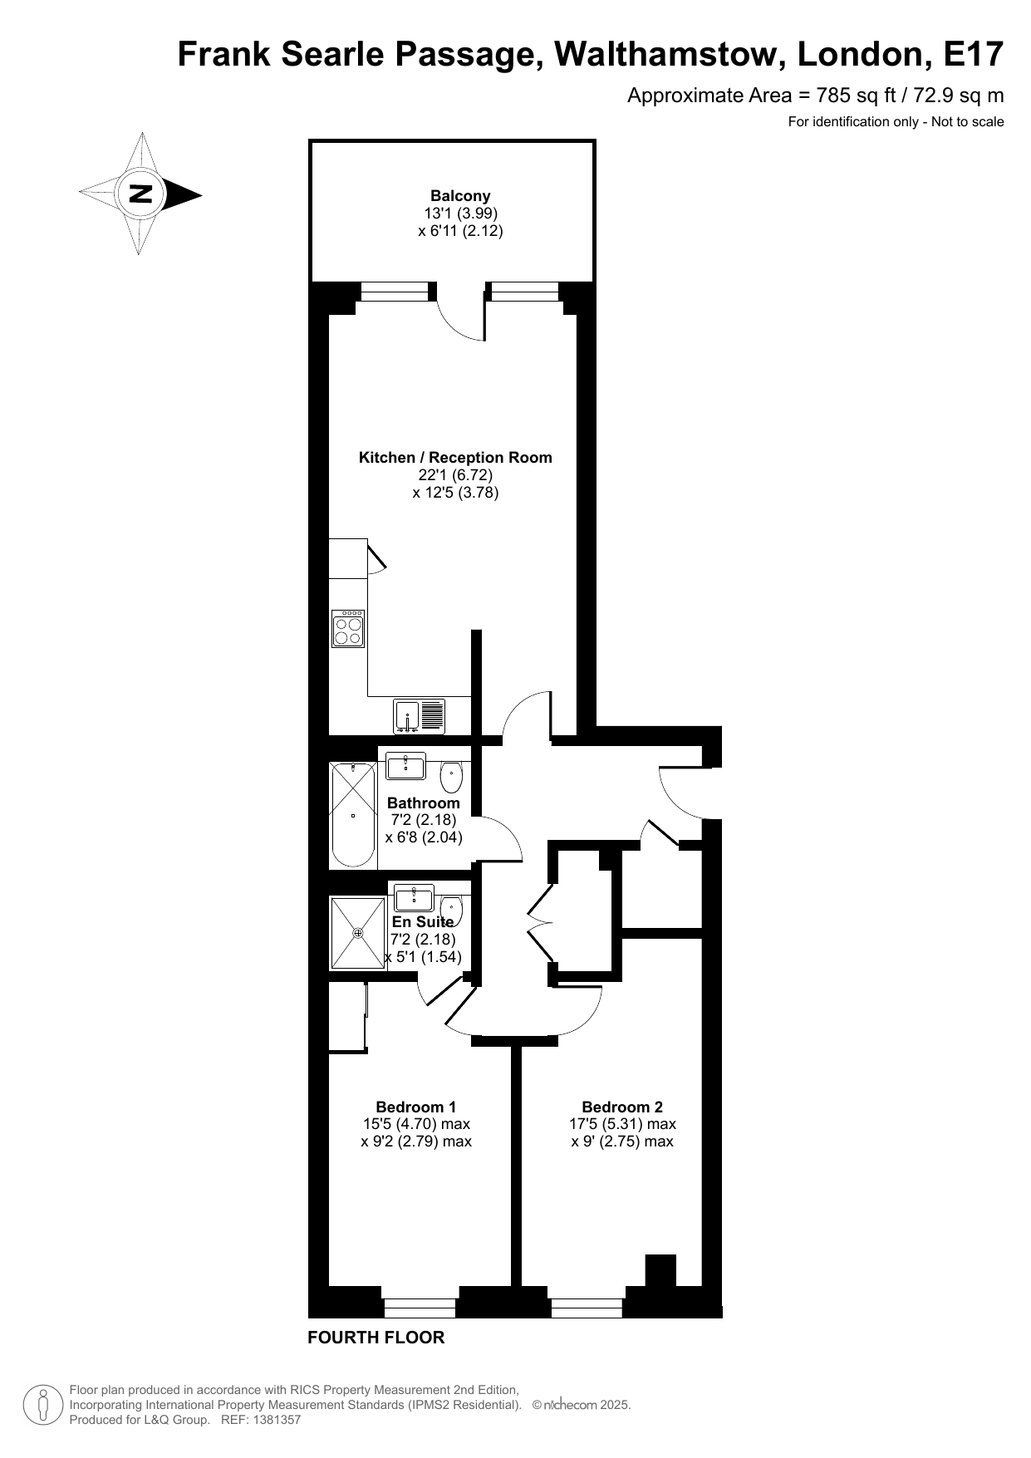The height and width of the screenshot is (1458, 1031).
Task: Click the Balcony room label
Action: coord(460,196)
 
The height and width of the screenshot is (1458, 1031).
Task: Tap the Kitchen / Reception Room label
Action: coord(455,457)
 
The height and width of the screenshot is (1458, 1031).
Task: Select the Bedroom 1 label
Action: coord(416,1107)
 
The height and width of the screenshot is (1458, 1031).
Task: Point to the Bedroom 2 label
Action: coord(622,1107)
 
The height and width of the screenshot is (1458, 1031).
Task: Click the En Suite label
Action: coord(423,922)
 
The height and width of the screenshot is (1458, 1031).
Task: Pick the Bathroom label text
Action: coord(424,803)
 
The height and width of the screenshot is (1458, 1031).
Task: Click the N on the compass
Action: coord(141,194)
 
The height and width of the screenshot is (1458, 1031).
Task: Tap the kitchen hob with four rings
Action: coord(348,628)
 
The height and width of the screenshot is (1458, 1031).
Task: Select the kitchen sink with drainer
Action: coord(420,716)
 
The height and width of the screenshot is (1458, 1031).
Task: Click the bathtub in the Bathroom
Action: coord(353,815)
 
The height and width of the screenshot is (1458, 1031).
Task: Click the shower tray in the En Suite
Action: coord(358,933)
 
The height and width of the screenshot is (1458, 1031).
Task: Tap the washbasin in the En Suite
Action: coord(414,898)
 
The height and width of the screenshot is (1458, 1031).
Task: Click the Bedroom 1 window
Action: coord(420,1307)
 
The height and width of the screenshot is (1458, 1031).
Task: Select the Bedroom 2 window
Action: coord(587,1307)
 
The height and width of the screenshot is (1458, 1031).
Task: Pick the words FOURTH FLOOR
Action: coord(376,1338)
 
